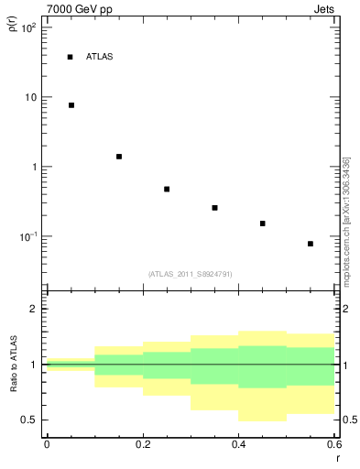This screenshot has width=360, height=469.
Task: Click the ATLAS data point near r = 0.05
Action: pos(71,105)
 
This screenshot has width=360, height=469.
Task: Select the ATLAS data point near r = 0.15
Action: pos(119,157)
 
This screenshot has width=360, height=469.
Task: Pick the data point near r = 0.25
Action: pos(167,190)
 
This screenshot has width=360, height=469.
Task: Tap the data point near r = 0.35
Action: pos(214,208)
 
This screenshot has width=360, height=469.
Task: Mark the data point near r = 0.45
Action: pos(262,224)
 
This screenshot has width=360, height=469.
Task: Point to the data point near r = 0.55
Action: pos(311,244)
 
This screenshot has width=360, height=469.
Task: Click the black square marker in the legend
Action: pos(70,57)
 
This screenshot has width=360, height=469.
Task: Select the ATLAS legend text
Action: pos(99,57)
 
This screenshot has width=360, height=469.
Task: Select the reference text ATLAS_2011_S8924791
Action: pos(190,274)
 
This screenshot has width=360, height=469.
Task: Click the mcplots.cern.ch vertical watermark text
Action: pos(346,221)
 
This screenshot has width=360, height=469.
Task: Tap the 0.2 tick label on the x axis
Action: pos(142,444)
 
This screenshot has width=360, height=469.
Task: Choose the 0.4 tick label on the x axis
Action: pos(238,444)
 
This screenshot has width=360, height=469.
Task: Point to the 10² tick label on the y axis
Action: pos(28,28)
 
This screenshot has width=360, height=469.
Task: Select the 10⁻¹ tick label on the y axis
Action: pos(28,237)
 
